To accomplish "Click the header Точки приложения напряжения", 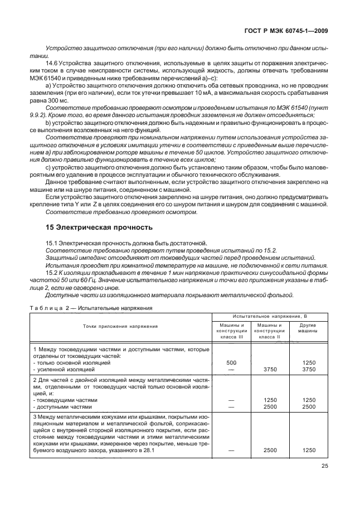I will pyautogui.click(x=120, y=326).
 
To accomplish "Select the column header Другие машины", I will pyautogui.click(x=308, y=327).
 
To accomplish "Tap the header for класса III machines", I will pyautogui.click(x=228, y=331).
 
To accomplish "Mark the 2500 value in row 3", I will pyautogui.click(x=270, y=451).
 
